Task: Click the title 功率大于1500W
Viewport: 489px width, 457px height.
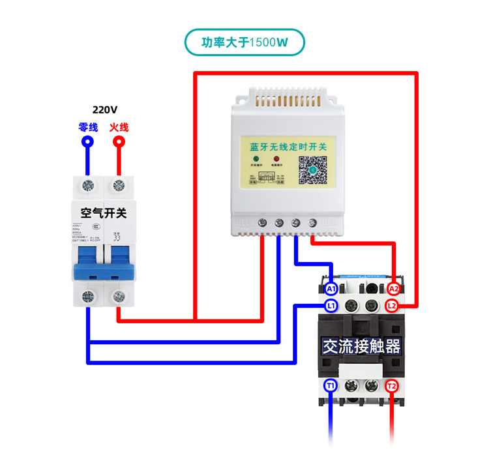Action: (244, 43)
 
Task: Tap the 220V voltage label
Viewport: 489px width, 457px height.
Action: (105, 110)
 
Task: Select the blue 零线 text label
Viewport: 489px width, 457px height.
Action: (88, 127)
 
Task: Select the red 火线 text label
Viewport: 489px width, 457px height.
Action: (119, 127)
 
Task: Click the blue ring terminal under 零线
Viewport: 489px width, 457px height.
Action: (87, 141)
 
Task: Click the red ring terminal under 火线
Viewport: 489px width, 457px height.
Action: (119, 141)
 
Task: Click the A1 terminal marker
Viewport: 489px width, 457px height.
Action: (331, 288)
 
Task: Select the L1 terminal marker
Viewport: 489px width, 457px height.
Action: (331, 305)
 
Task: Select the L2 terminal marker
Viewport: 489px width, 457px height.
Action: (392, 305)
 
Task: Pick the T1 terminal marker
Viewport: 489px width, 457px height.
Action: (331, 386)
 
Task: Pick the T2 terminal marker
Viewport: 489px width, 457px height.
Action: (391, 386)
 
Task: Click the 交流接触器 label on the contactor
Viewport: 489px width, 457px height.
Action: (361, 346)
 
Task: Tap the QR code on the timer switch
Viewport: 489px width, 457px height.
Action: (312, 170)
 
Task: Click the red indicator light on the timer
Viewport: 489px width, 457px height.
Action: (276, 160)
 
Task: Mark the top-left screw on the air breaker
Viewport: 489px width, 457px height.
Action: (87, 186)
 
